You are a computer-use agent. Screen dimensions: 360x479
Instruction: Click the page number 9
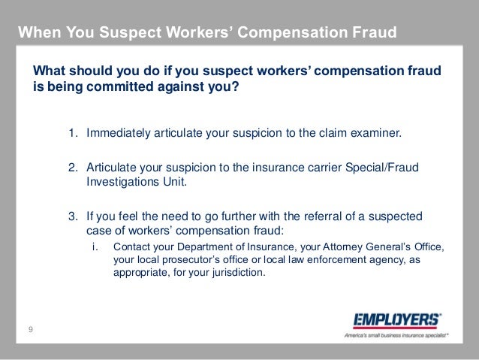point(31,328)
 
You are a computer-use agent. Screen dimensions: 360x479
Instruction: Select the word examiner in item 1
point(378,134)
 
